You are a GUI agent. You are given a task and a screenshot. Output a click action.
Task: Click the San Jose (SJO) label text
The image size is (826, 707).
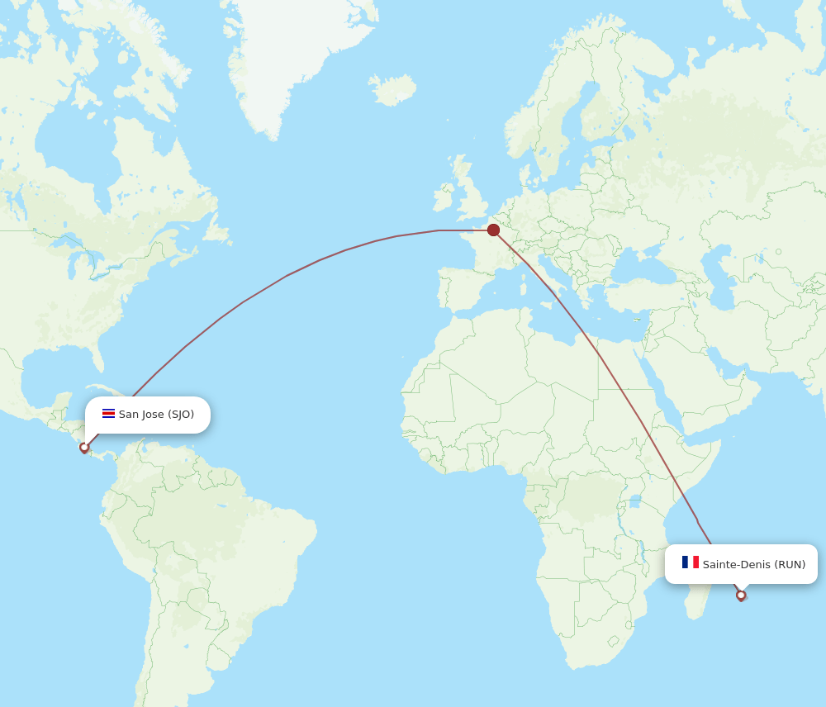click(x=156, y=414)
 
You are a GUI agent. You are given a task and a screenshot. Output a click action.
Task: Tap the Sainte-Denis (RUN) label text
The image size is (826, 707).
click(x=753, y=564)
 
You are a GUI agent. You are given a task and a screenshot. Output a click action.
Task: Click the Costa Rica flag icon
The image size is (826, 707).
click(x=108, y=414)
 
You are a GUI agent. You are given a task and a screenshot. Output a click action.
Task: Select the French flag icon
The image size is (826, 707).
click(x=690, y=562)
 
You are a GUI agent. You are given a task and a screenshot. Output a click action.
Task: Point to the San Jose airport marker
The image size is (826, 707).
click(x=84, y=447)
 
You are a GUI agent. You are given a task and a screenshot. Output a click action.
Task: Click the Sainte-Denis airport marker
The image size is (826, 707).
click(x=741, y=595)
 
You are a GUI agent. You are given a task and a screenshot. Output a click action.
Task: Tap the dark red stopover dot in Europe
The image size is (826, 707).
click(x=493, y=230)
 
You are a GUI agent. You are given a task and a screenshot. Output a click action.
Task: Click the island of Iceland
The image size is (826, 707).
click(x=393, y=89)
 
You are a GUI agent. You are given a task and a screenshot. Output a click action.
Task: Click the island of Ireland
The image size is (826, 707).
click(x=444, y=198)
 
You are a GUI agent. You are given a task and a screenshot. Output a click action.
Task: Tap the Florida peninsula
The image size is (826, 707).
click(x=97, y=355)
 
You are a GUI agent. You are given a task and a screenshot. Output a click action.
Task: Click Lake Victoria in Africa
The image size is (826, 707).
click(x=634, y=501)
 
